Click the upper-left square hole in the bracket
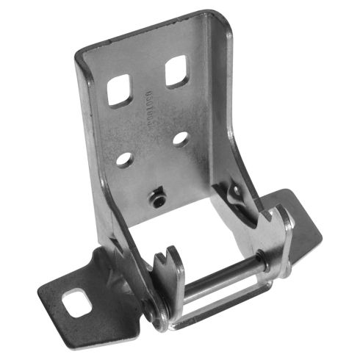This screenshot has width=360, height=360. point(119,91)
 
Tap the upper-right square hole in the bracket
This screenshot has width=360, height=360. point(177,72)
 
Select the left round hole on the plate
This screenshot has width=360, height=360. point(123,158)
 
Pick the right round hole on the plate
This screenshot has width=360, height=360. point(181,138)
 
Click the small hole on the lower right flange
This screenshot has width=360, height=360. point(237,192)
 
